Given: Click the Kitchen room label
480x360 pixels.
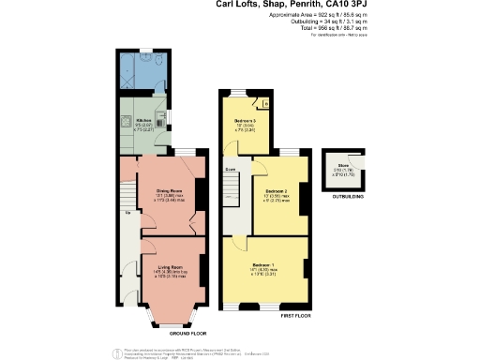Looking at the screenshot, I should [x=143, y=120].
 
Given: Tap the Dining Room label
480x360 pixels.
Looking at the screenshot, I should [x=168, y=191].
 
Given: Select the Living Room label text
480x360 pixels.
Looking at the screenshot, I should [x=170, y=267].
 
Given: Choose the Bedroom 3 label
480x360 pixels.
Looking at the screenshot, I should [x=245, y=123].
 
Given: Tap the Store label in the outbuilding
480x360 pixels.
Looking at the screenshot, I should [x=344, y=169].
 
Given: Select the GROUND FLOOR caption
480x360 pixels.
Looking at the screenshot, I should [x=169, y=333].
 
